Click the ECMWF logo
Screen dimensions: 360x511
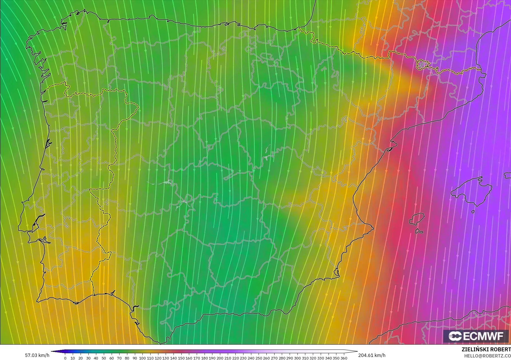(x=476, y=336)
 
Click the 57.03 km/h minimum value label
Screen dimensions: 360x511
(x=37, y=355)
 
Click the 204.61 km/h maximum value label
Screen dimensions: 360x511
(x=372, y=355)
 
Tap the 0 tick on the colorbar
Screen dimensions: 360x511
(x=65, y=358)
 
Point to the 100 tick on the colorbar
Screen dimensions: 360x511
(x=142, y=358)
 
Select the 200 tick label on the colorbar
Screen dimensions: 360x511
(x=220, y=358)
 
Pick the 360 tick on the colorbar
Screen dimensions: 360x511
(x=344, y=358)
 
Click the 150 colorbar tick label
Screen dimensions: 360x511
(x=181, y=358)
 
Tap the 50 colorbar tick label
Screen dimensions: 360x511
(x=104, y=358)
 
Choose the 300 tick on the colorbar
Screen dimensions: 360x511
(x=297, y=358)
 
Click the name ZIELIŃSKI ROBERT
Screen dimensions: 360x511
(x=486, y=350)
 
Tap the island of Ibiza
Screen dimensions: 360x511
(x=417, y=219)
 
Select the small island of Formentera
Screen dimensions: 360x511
(x=419, y=231)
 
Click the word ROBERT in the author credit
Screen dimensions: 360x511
(x=501, y=350)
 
